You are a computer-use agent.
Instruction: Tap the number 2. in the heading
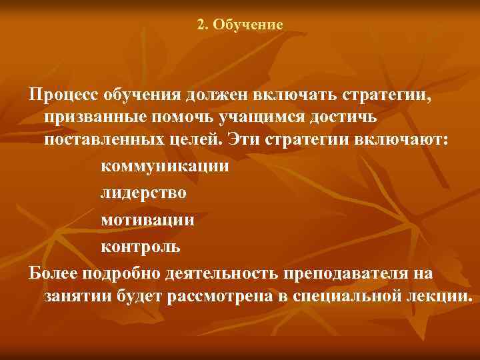coord(203,25)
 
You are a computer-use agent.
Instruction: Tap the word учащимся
coord(270,117)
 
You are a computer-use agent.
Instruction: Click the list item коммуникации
coord(164,167)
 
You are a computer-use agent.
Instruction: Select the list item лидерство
coord(143,193)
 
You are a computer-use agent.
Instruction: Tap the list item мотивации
coord(148,220)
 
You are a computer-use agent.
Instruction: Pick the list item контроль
coord(140,247)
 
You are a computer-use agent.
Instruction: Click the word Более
coord(53,273)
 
